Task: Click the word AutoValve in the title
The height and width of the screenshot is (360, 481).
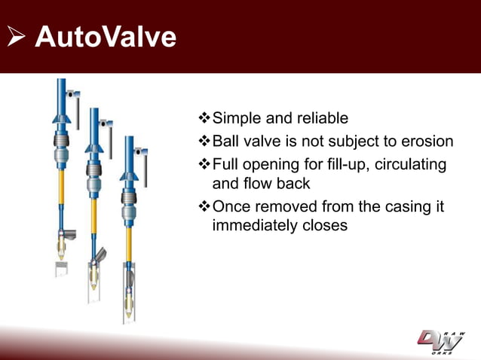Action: click(106, 37)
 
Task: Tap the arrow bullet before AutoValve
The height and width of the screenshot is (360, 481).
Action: click(17, 38)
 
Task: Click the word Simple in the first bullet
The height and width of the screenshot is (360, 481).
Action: click(237, 118)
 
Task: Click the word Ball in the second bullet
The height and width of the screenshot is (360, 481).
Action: click(227, 142)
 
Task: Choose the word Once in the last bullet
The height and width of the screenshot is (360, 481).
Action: click(234, 206)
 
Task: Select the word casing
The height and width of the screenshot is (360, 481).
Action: click(406, 206)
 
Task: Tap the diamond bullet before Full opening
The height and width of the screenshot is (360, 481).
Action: click(204, 164)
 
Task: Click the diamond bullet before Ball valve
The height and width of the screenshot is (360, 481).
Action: click(204, 142)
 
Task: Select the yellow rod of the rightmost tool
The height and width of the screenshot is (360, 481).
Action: click(129, 245)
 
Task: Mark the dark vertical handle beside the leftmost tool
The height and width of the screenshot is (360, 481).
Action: click(77, 113)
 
